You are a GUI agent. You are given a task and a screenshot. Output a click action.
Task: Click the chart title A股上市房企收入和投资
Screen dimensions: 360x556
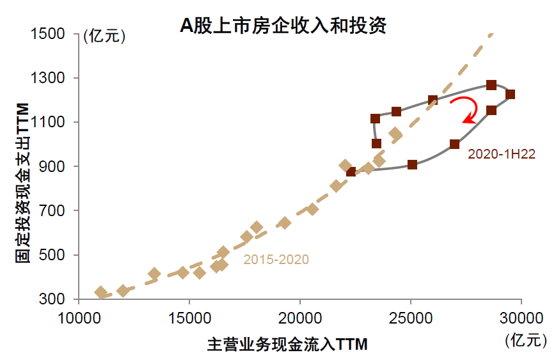pyautogui.click(x=282, y=26)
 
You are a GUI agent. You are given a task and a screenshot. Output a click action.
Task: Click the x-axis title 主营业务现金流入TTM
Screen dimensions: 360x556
pyautogui.click(x=287, y=344)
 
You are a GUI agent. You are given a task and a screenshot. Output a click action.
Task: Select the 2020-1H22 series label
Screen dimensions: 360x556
pyautogui.click(x=501, y=153)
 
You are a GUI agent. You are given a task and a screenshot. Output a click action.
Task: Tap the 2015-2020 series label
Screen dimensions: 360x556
pyautogui.click(x=276, y=260)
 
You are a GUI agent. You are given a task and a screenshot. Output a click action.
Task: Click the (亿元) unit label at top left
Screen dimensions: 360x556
pyautogui.click(x=104, y=36)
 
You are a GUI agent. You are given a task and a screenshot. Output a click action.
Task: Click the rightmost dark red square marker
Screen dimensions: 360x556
pyautogui.click(x=510, y=95)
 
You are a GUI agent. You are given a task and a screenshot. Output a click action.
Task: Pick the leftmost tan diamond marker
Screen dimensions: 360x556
pyautogui.click(x=100, y=293)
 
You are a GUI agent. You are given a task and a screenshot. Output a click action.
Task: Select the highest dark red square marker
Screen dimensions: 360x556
pyautogui.click(x=491, y=85)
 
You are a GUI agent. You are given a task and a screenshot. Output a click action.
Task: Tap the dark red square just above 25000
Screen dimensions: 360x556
pyautogui.click(x=412, y=164)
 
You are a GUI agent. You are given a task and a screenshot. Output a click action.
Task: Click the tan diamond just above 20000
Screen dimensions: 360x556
pyautogui.click(x=312, y=209)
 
